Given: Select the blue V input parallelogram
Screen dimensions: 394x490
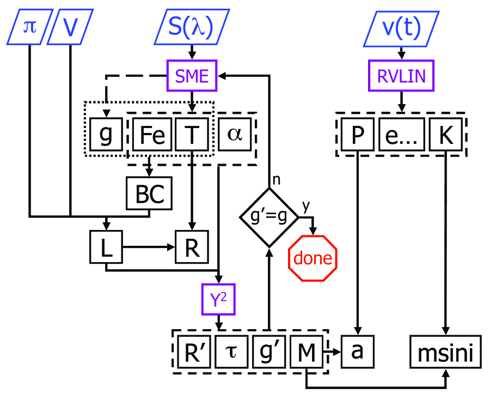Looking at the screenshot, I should click(70, 27).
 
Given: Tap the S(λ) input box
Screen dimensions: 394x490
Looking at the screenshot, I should click(190, 27).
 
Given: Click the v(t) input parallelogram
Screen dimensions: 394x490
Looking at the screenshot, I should click(401, 27).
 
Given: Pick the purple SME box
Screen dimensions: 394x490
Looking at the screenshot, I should click(192, 76).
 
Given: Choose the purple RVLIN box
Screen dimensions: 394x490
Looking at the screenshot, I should click(402, 76).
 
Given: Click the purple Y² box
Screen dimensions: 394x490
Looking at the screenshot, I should click(219, 299).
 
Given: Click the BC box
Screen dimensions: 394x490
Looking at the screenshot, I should click(149, 193).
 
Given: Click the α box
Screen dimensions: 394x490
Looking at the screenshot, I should click(234, 135).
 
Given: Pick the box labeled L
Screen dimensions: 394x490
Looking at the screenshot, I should click(106, 247).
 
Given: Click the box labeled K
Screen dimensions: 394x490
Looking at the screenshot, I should click(446, 135).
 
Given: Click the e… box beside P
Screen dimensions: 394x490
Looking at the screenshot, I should click(401, 135).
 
